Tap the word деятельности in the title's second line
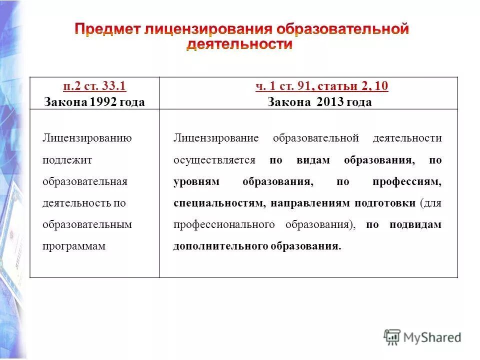click(239, 44)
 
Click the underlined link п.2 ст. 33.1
click(94, 86)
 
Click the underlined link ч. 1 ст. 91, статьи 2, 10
click(321, 86)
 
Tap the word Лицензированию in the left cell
click(87, 138)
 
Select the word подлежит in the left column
click(67, 160)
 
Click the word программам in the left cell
click(74, 246)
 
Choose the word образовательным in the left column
click(87, 225)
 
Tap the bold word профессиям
click(407, 182)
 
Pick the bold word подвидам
click(415, 225)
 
